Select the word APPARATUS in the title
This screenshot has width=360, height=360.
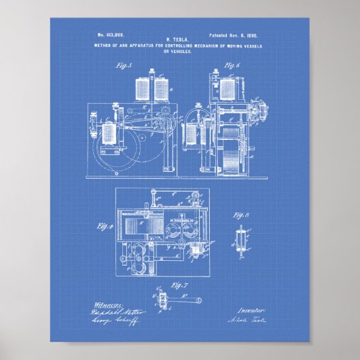[133, 46]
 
